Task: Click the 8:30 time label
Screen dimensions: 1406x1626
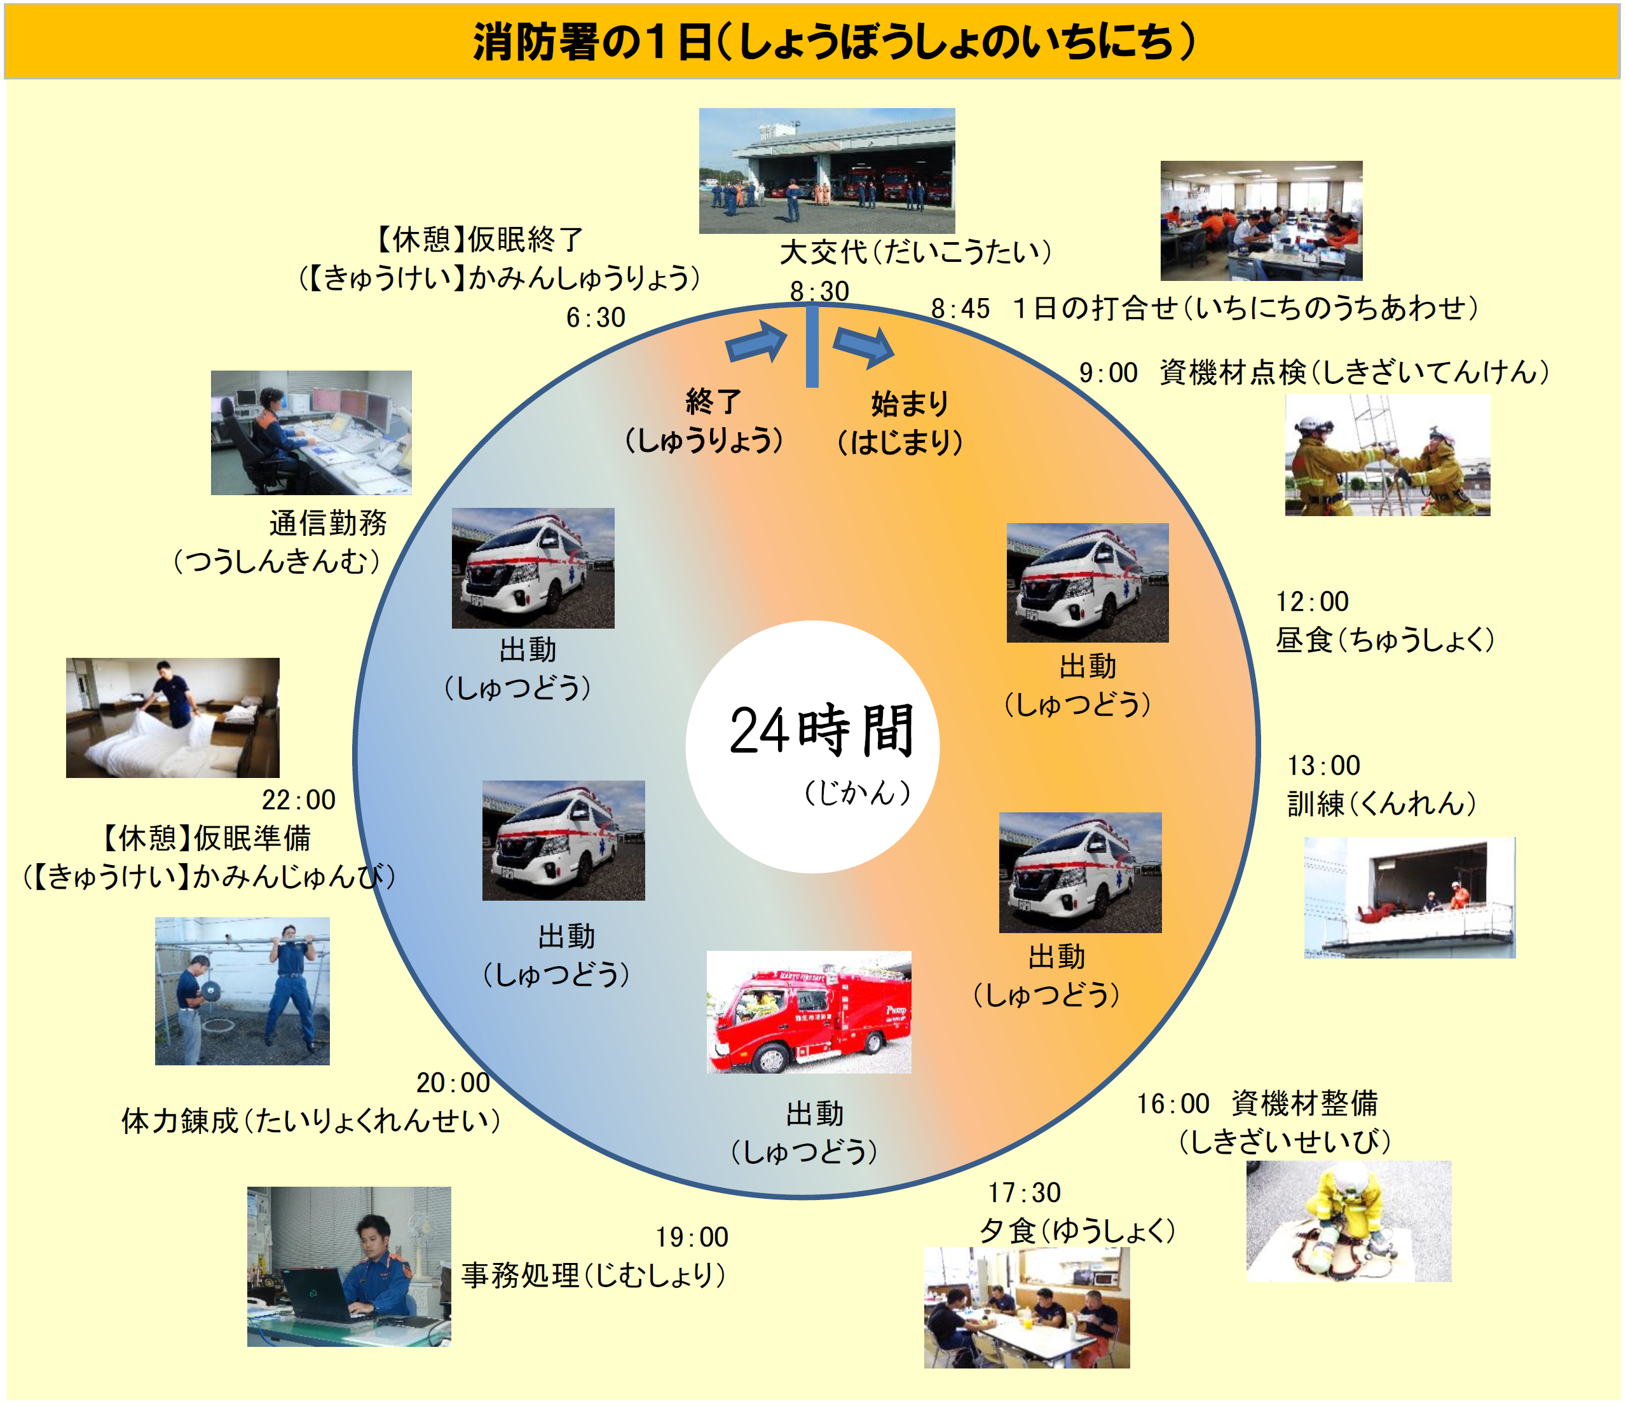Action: (x=819, y=291)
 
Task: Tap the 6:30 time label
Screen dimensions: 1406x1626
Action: (x=596, y=318)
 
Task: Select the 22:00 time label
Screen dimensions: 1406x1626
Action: (x=298, y=800)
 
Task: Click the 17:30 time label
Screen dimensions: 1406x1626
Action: (x=1024, y=1192)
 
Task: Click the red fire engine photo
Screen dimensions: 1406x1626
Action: (x=809, y=1012)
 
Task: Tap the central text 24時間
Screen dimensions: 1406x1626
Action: (x=822, y=730)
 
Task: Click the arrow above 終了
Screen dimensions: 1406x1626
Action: (x=756, y=342)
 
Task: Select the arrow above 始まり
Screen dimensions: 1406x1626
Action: (x=863, y=345)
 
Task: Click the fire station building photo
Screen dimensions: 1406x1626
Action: (x=827, y=170)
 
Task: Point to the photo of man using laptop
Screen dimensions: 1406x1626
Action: (x=349, y=1266)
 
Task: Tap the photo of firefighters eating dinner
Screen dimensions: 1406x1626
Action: (x=1027, y=1307)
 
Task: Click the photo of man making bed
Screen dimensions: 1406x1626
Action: (x=173, y=717)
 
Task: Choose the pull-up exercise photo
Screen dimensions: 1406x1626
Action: (x=242, y=991)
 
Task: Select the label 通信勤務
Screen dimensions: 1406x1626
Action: (x=328, y=522)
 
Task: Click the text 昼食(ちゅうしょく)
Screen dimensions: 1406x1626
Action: (x=1385, y=639)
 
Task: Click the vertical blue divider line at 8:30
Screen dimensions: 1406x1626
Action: (x=812, y=346)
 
